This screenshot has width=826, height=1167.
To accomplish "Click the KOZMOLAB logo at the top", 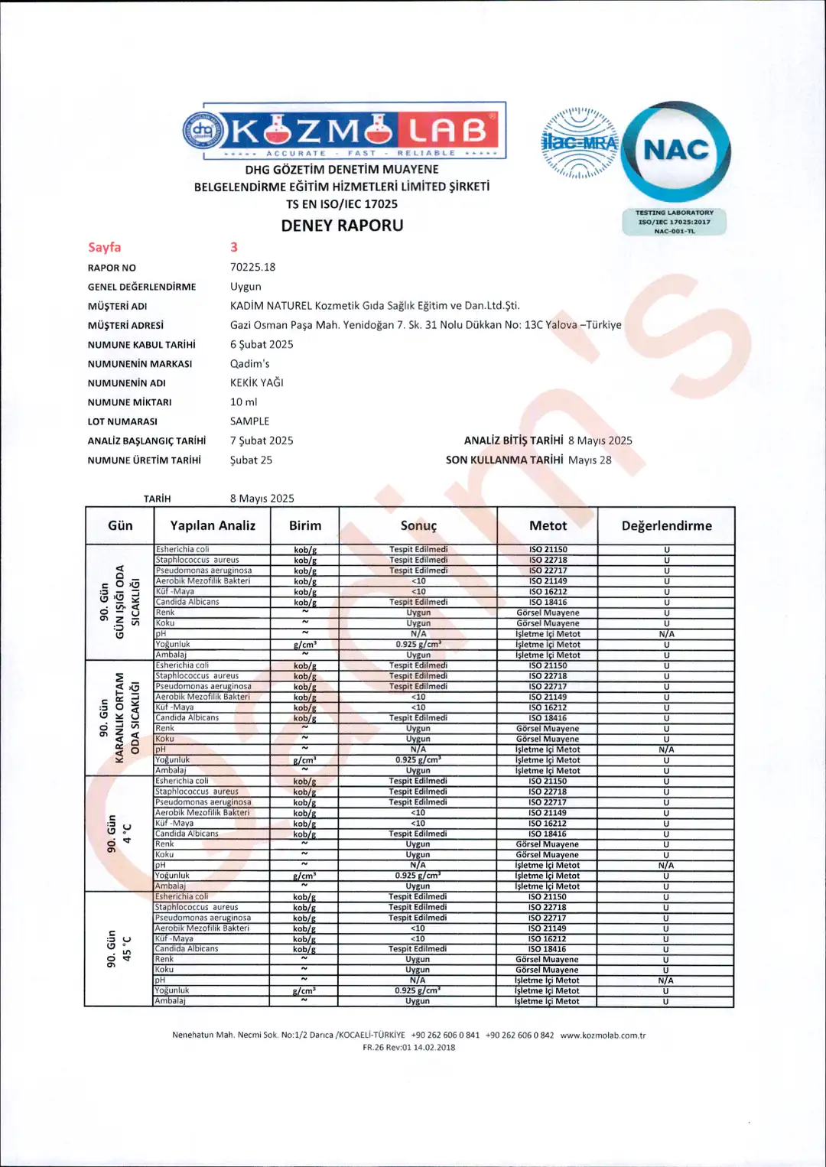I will tap(344, 131).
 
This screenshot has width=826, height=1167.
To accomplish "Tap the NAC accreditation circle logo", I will tap(676, 151).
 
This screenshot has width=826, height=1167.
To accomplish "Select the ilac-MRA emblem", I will tap(579, 142).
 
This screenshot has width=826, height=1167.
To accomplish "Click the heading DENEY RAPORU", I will tap(342, 226).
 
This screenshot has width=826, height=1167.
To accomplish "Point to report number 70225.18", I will tap(252, 267).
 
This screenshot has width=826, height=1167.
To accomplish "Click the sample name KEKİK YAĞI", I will tap(256, 382).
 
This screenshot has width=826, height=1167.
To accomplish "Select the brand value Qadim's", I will tap(249, 363).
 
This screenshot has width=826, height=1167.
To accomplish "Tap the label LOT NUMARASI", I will tap(122, 421).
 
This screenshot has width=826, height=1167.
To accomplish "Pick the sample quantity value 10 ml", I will tap(243, 401).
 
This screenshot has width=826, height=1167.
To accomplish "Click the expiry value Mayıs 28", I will tap(589, 460).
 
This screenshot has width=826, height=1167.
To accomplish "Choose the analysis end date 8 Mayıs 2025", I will tap(600, 440).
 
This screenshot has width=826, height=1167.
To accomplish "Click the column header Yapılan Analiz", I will tap(213, 525).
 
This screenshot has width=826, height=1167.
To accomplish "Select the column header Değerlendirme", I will tap(666, 525).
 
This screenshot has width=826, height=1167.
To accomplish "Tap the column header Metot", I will tap(548, 525).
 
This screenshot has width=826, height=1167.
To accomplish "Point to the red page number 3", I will tap(234, 247).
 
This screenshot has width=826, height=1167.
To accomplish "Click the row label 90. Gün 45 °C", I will tap(119, 948).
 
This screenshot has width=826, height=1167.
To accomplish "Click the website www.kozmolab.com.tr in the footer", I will tap(603, 1035).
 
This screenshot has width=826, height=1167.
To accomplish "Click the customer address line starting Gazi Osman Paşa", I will tap(425, 324).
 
